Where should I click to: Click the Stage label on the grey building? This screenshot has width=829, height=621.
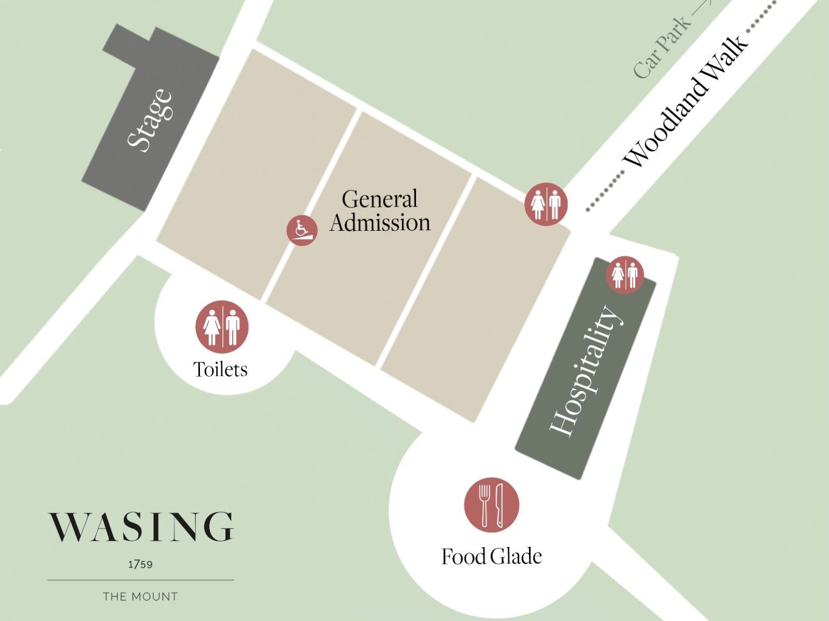tap(149, 120)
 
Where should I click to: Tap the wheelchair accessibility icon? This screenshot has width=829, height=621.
tap(302, 230)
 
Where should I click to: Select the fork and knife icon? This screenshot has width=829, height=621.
tap(491, 505)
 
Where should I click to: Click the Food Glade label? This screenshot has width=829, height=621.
tap(491, 556)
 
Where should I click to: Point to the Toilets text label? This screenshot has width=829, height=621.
tap(220, 369)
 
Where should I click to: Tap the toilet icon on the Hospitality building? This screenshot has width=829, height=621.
tap(625, 274)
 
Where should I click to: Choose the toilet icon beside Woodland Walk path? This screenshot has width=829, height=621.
tap(546, 204)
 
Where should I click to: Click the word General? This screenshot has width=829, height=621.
tap(379, 199)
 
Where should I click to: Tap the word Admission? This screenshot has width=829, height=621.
tap(380, 223)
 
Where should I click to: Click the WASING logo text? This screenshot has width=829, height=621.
tap(141, 527)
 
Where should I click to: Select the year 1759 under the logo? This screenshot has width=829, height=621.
tap(140, 564)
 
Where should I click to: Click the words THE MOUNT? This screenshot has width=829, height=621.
tap(140, 597)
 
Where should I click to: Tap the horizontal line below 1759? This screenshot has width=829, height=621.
tap(140, 580)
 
